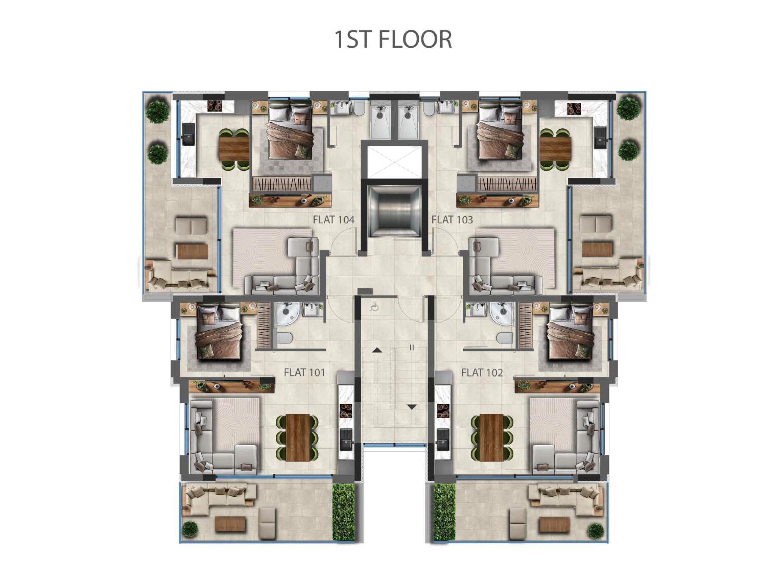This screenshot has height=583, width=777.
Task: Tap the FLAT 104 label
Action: [334, 220]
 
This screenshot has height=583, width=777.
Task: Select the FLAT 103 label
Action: [452, 220]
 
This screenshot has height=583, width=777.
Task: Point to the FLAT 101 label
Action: [305, 373]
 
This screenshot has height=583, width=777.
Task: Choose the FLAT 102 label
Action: [482, 373]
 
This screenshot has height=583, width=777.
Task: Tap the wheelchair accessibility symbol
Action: [375, 307]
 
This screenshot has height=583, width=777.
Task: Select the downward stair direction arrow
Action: [412, 407]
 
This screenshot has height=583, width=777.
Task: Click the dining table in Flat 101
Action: [298, 438]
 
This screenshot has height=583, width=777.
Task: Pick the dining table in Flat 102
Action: [492, 438]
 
